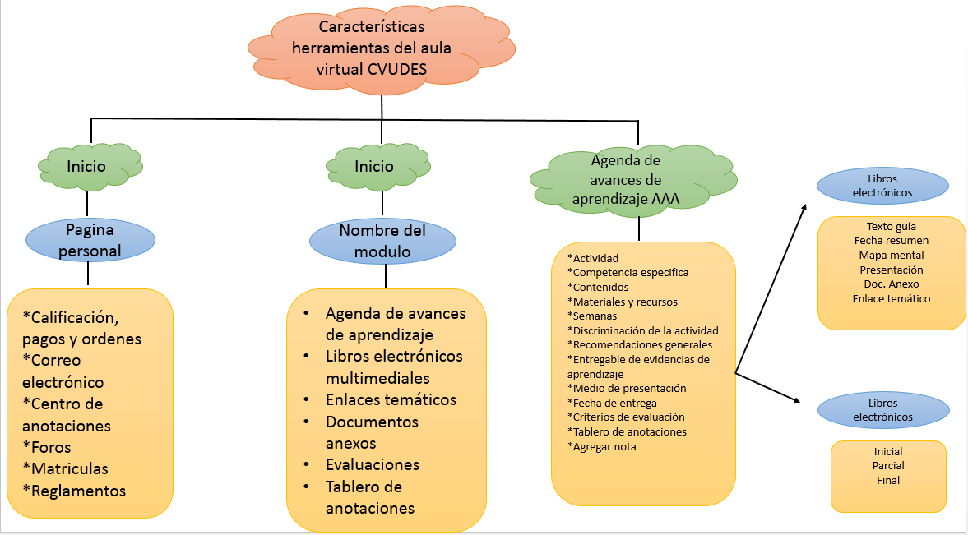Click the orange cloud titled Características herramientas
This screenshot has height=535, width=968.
point(382,50)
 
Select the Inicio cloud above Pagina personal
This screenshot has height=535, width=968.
point(87,166)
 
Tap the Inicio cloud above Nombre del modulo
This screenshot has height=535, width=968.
point(374,166)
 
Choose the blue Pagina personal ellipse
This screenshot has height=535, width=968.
point(90,239)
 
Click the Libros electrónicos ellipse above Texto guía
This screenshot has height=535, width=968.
point(882,186)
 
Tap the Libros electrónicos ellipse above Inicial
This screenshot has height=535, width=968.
point(882,410)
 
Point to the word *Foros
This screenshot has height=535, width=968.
point(47,447)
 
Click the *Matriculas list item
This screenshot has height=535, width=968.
point(65,468)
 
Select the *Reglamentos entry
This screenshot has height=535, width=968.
point(74,491)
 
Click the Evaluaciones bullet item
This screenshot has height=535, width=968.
point(373,464)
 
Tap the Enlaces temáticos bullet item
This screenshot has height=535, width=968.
point(391,399)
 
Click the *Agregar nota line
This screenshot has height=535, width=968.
point(602,446)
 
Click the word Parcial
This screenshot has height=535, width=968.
point(888,466)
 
